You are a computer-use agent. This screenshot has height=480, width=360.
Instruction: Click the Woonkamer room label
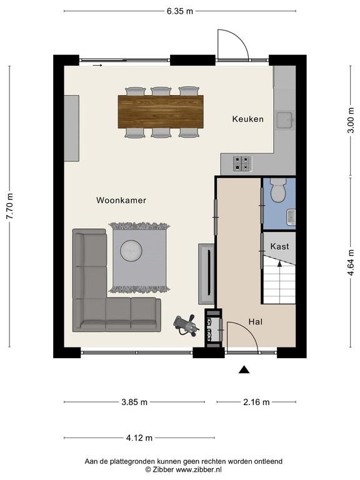[121, 201]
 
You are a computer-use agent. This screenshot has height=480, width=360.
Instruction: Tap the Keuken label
[247, 119]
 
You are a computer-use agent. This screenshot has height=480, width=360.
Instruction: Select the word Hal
[255, 322]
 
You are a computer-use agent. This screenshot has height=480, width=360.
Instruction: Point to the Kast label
[279, 246]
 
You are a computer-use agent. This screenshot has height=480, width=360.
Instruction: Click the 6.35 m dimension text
[180, 11]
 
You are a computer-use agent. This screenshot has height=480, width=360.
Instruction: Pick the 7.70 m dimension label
[10, 206]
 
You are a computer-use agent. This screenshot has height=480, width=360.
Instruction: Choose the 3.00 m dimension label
[351, 120]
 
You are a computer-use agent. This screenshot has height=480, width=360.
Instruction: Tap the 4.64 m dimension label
[351, 262]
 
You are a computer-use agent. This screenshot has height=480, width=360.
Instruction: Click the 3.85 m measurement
[134, 402]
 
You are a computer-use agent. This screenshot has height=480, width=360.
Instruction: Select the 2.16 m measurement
[256, 402]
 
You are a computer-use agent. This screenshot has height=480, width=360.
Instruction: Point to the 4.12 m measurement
[139, 437]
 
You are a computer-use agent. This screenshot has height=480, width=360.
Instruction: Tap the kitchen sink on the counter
[285, 120]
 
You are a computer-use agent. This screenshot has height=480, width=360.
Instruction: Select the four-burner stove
[242, 163]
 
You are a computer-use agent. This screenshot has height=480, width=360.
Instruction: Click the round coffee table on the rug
[131, 251]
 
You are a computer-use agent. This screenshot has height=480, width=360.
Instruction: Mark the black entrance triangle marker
[244, 370]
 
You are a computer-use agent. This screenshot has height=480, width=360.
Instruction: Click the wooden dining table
[161, 112]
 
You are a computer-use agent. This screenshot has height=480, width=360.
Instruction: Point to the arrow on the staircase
[279, 264]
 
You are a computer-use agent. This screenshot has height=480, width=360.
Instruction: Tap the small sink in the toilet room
[291, 217]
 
